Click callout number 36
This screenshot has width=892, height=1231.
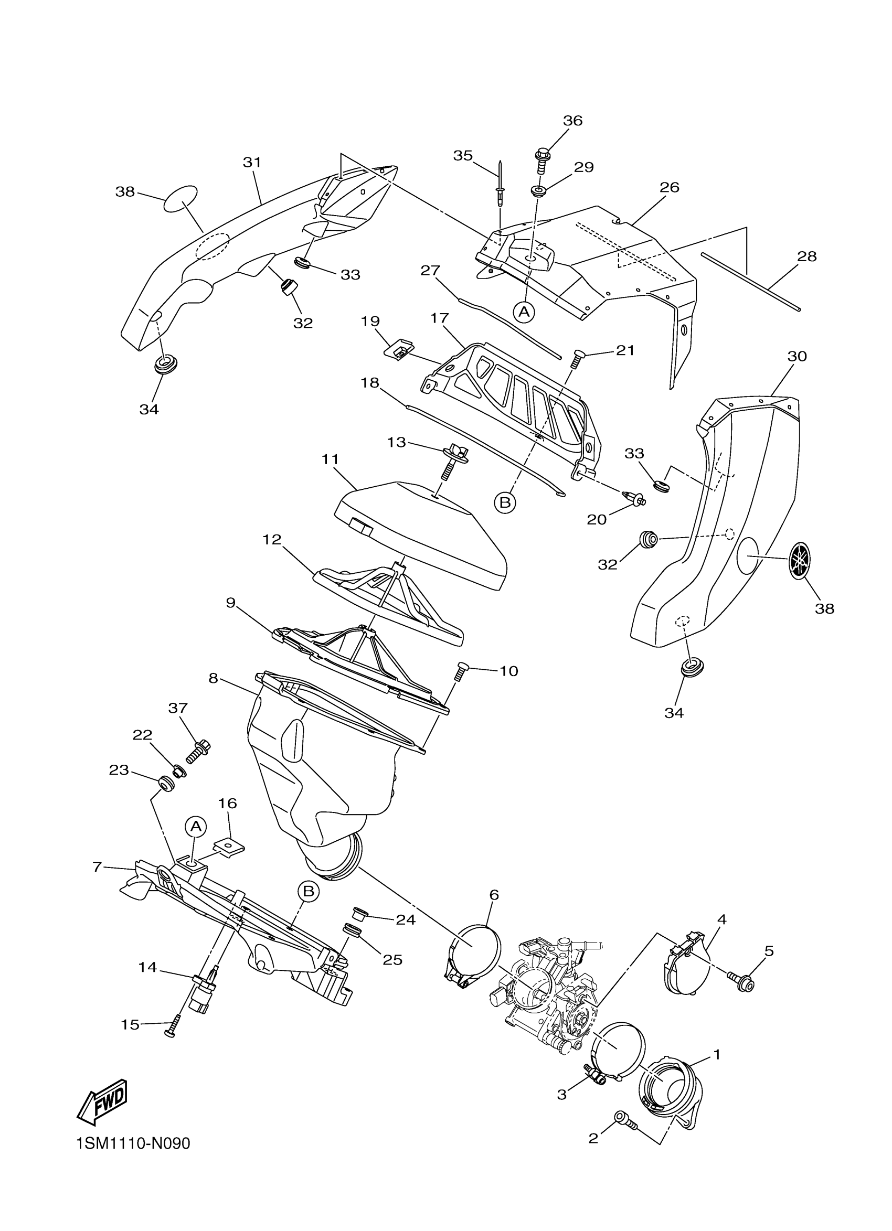(x=572, y=121)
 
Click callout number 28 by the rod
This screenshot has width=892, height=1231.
(x=807, y=256)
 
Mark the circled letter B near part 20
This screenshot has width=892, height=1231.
(x=505, y=502)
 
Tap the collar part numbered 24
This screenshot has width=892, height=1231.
(x=360, y=910)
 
